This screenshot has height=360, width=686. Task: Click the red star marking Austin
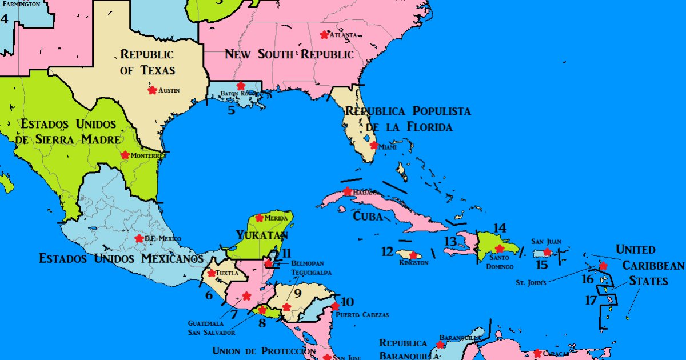point(152,90)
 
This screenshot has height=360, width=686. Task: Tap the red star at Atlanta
point(325,34)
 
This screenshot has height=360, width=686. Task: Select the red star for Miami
point(373,145)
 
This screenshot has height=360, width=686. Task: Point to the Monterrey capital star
point(125,155)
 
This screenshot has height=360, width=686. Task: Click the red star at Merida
point(260,218)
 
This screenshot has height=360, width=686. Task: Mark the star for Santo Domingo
point(500,249)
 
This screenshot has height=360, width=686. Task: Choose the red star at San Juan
point(547,252)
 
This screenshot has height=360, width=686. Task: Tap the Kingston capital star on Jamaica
point(413,255)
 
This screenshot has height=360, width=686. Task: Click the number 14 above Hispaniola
point(500,228)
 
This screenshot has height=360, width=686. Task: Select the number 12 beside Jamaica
point(388,251)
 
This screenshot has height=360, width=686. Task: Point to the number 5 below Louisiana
point(231,110)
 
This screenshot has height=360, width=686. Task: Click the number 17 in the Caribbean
point(591,300)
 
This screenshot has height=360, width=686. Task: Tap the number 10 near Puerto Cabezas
point(348,302)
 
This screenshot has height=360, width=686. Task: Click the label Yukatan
point(262,235)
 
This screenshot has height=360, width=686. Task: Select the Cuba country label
point(364,217)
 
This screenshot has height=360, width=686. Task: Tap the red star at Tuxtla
point(212,273)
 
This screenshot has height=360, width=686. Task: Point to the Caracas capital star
point(537,353)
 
